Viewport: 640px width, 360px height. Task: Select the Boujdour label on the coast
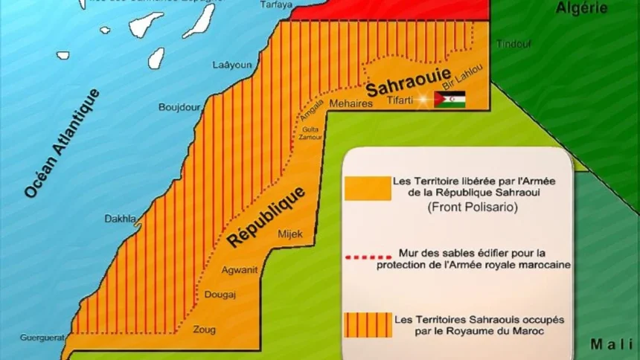[x=179, y=107]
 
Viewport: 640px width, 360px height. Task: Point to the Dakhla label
[x=120, y=219]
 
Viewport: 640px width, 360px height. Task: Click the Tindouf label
[x=513, y=44]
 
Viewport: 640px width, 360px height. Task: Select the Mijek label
[x=290, y=235]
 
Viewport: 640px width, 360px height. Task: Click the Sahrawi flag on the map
[x=450, y=100]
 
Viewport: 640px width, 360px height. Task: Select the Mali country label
[x=612, y=343]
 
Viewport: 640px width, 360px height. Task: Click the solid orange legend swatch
[x=368, y=188]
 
